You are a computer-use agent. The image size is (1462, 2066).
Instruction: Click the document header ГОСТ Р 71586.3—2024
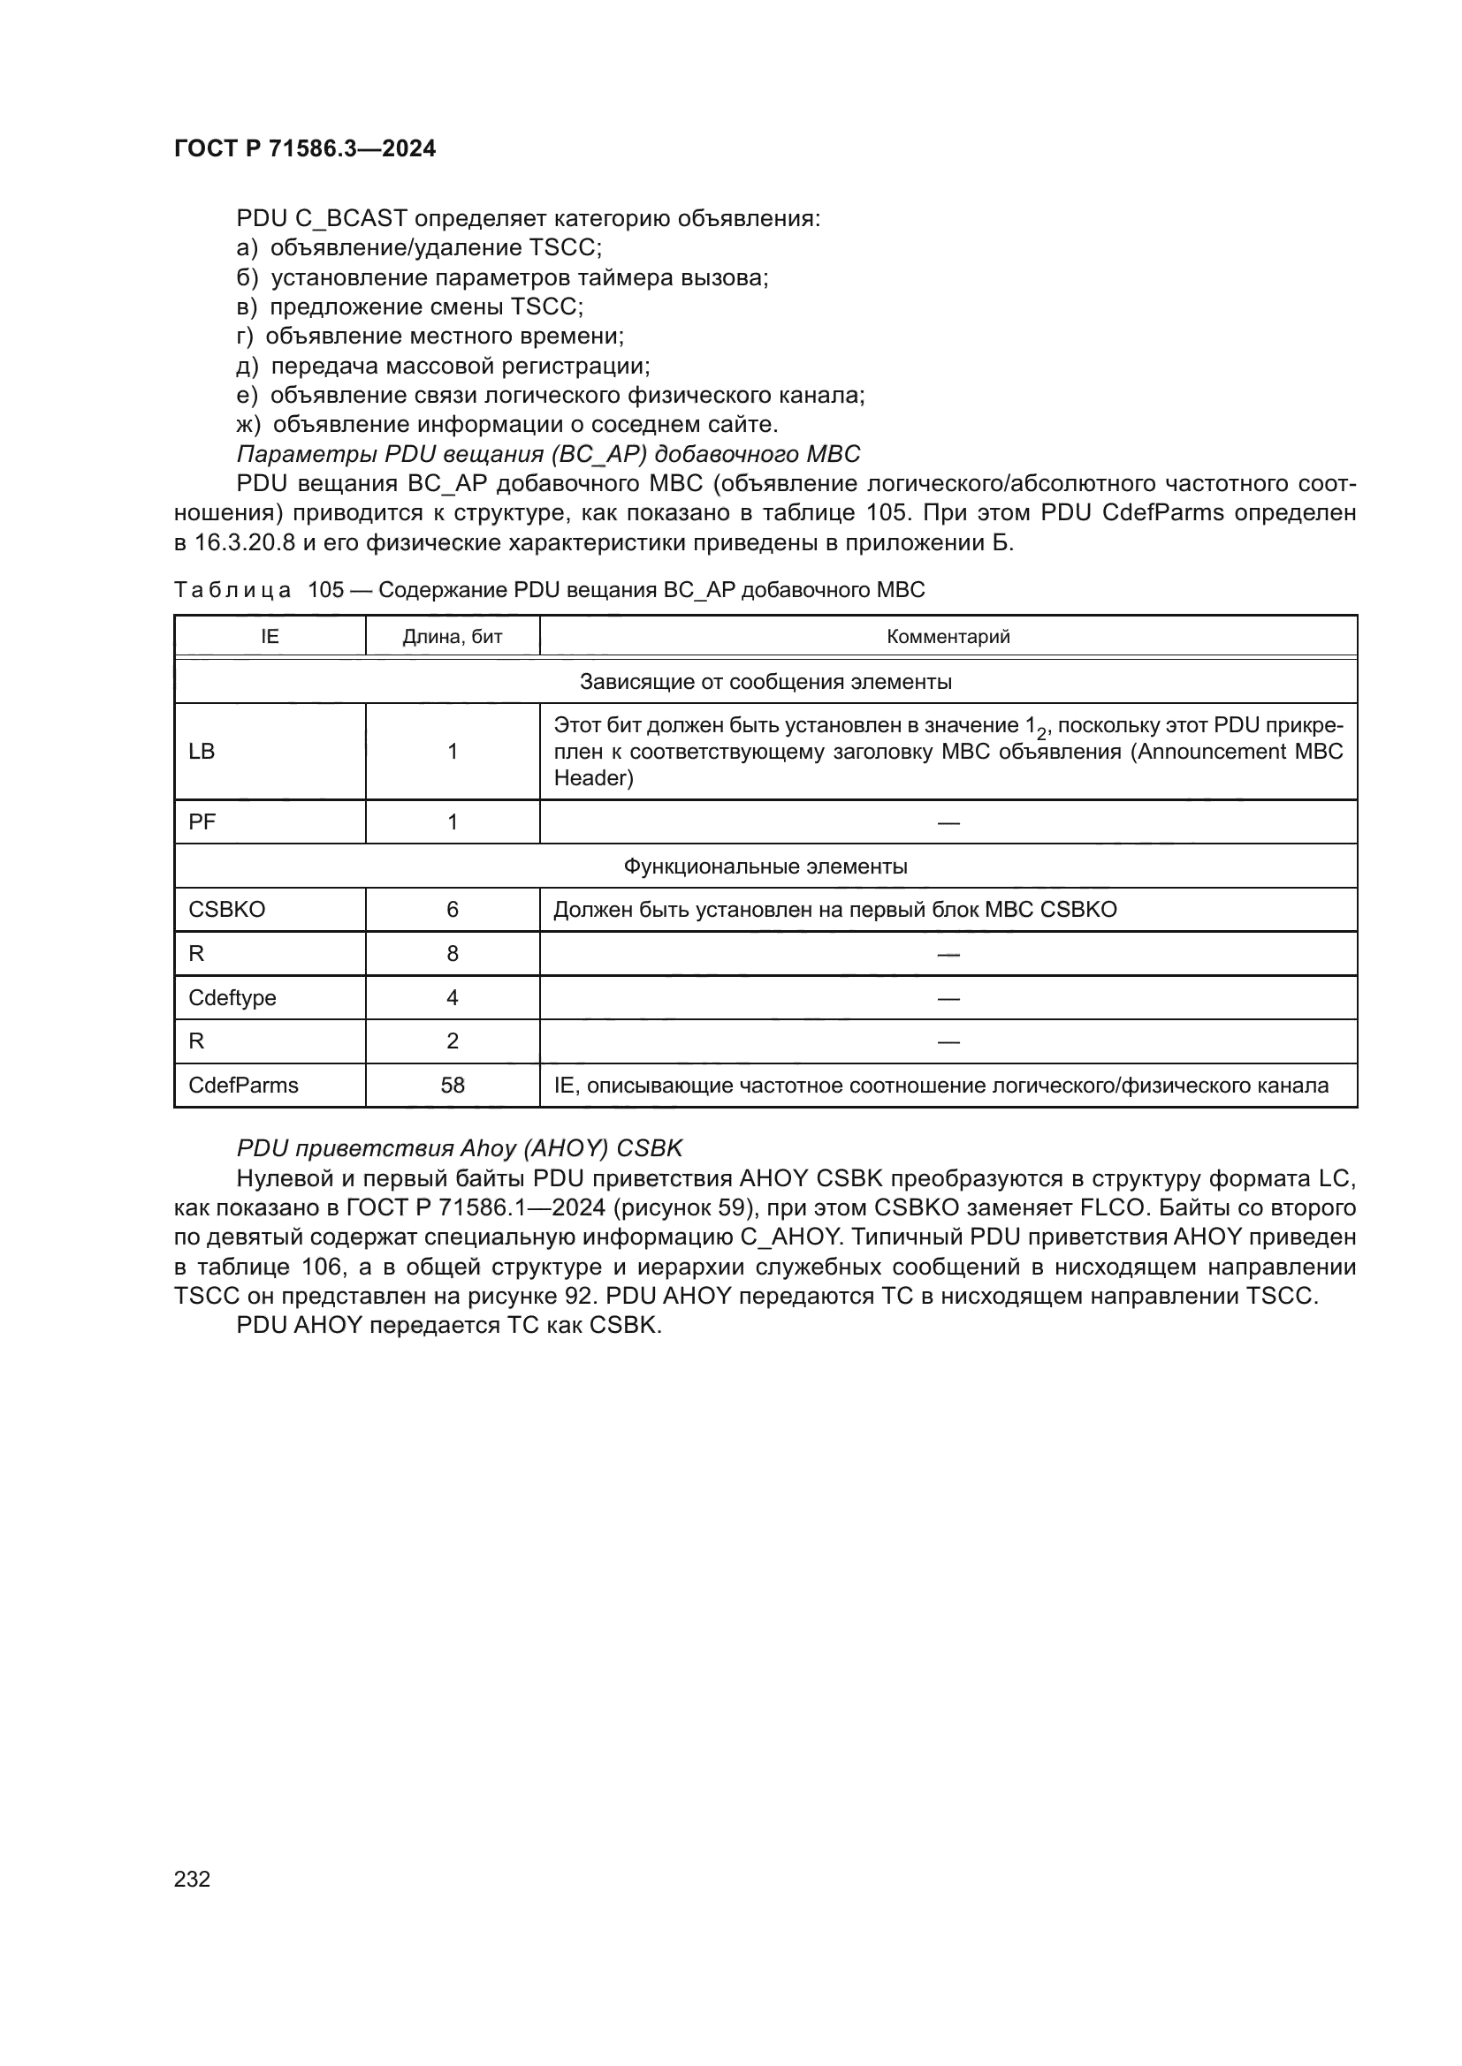304,148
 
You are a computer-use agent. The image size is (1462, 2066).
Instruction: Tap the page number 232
192,1879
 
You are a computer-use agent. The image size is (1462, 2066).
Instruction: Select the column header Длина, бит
452,637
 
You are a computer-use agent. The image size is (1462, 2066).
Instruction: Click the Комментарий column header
948,637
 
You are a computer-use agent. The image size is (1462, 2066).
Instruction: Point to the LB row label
202,752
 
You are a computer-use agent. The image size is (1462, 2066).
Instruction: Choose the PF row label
202,821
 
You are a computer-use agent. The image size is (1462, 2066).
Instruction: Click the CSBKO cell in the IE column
227,910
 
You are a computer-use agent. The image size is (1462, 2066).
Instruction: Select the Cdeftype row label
232,998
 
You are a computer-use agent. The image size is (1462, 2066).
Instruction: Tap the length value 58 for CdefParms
452,1086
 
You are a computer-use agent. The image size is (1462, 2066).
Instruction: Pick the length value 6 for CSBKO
452,910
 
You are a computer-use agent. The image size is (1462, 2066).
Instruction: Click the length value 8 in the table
452,954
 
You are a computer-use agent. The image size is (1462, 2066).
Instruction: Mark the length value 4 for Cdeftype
452,998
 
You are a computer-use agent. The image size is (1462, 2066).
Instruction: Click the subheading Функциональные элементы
765,867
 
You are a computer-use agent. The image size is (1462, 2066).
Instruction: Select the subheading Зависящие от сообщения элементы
765,682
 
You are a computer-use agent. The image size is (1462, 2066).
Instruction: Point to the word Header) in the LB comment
593,778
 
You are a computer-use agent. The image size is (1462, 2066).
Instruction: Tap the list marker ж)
247,424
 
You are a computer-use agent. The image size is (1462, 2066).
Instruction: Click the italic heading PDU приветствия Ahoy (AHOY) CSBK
459,1148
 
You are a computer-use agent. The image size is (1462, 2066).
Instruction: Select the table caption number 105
326,590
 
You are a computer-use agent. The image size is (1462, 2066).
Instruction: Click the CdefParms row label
243,1086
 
